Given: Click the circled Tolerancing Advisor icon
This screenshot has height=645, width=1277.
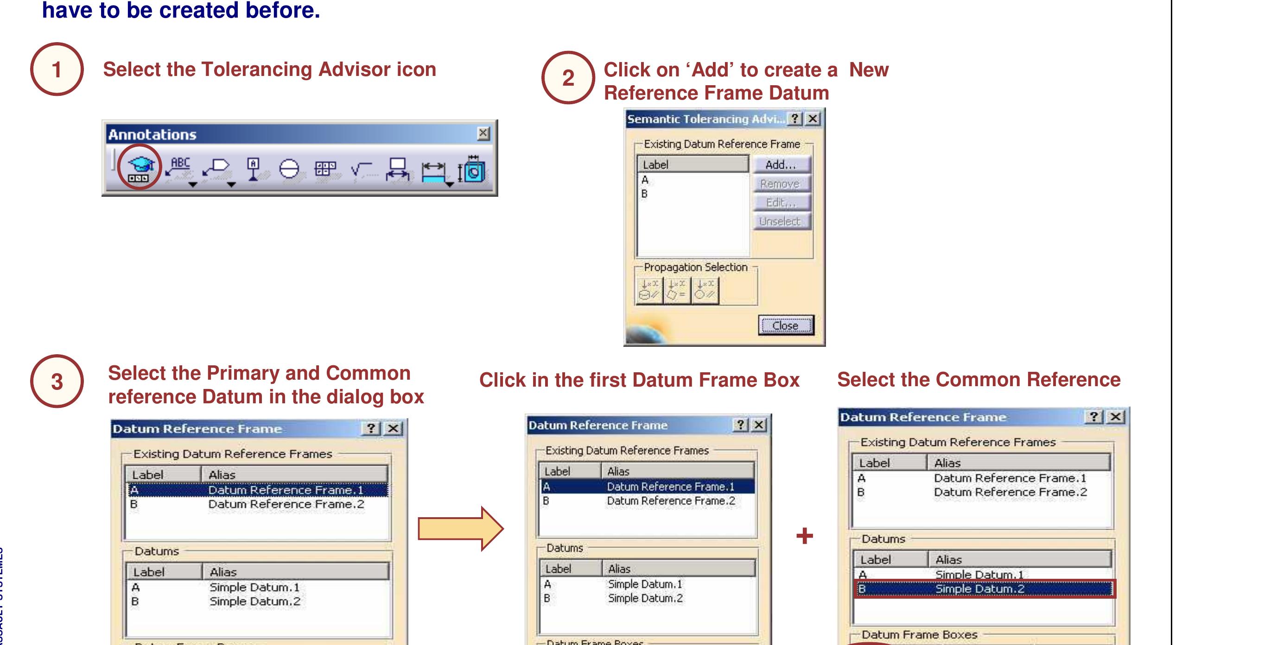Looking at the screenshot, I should (x=140, y=168).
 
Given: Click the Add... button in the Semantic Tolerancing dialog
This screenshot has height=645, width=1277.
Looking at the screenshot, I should (x=780, y=164).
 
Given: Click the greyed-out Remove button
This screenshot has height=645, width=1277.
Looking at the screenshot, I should (x=780, y=184).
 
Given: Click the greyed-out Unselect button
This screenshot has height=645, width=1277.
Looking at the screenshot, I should (x=780, y=221).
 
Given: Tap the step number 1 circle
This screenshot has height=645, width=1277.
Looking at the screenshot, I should (x=57, y=69).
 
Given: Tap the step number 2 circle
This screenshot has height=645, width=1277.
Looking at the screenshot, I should (x=568, y=78).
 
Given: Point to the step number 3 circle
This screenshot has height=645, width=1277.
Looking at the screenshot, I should (x=57, y=382).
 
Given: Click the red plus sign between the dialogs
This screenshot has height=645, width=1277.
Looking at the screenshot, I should (x=804, y=536).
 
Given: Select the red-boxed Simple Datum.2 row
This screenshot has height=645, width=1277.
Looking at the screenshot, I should (x=984, y=589).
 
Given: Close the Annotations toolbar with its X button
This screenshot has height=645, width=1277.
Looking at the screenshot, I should (x=483, y=133).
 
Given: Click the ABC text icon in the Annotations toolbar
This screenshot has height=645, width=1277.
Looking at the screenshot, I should (x=179, y=168).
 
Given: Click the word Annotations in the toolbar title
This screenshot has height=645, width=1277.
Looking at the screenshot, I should (x=152, y=135).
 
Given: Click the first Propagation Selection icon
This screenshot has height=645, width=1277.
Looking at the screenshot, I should (x=649, y=290).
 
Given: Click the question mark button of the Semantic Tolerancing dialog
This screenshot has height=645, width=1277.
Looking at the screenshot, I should (x=795, y=119).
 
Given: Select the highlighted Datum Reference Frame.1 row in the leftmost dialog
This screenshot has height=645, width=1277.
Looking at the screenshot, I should (x=258, y=490).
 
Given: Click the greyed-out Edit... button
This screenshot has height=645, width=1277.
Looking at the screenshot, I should (x=780, y=203).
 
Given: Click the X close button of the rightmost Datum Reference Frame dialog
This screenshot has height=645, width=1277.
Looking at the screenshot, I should (x=1115, y=417).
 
